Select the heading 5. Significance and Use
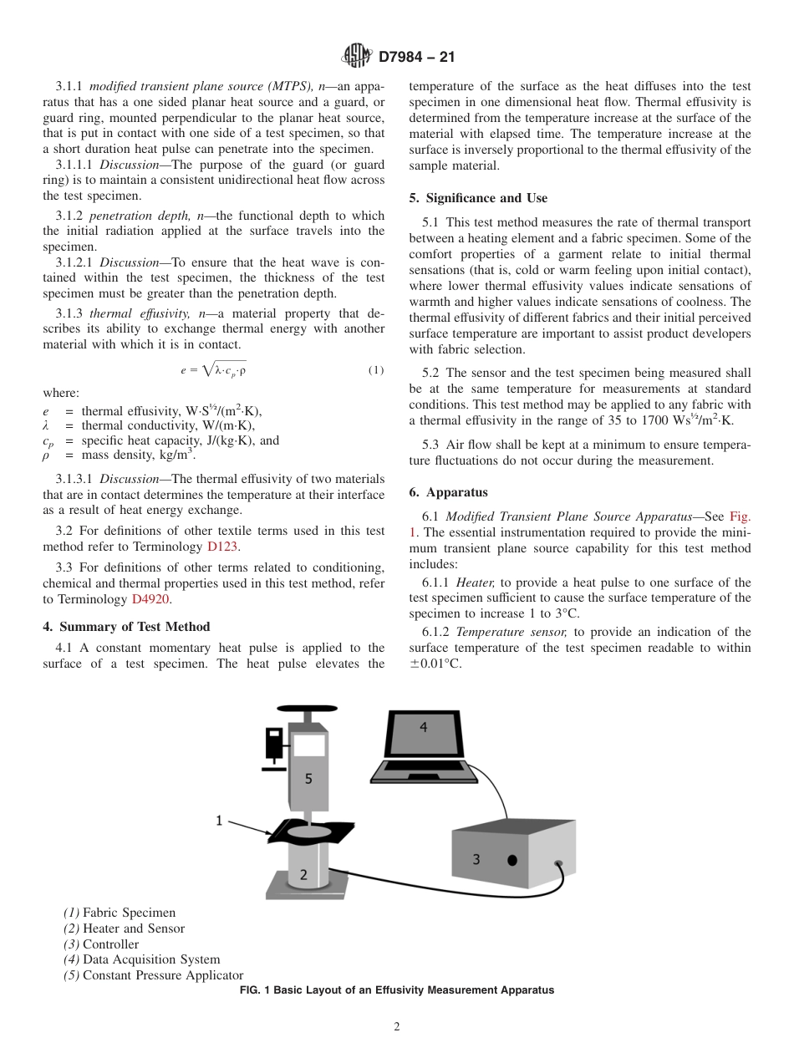point(478,198)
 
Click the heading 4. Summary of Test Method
point(126,627)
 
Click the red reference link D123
point(223,547)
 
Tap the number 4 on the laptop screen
point(423,727)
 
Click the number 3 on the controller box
point(476,858)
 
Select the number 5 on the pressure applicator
point(308,778)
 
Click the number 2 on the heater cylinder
point(303,875)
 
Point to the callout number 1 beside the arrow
point(220,821)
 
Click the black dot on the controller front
point(512,860)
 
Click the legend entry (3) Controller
point(101,944)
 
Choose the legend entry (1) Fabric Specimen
point(120,913)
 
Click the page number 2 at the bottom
point(397,1027)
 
